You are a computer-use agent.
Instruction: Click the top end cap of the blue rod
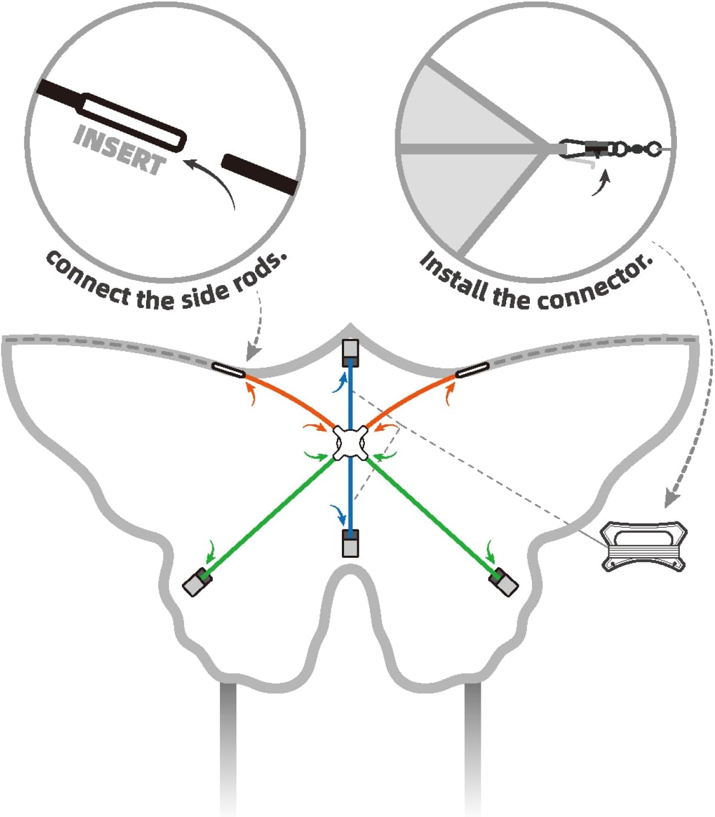tap(350, 353)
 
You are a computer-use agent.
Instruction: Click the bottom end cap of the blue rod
tap(350, 544)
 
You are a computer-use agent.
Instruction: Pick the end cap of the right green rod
tap(505, 582)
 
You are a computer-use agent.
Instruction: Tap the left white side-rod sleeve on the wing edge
tap(228, 371)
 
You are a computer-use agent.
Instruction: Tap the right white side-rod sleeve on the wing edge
tap(473, 371)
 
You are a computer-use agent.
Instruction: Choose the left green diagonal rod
tap(269, 517)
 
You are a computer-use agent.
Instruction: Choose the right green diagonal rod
tap(431, 517)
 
